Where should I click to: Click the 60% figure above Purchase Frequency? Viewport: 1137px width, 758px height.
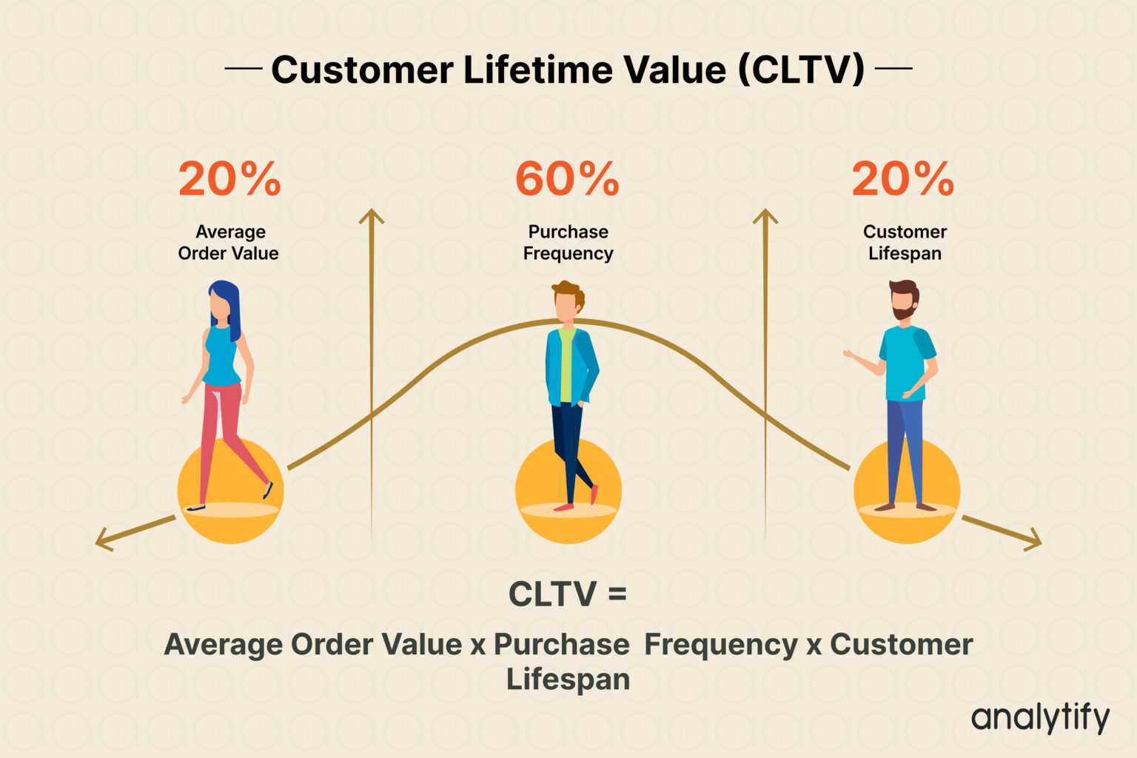point(567,179)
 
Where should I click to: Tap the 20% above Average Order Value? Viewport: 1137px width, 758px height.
point(229,179)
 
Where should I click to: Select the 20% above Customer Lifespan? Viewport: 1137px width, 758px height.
point(903,179)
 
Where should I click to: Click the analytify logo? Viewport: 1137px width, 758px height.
point(1040,718)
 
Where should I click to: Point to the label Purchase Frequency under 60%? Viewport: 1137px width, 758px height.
point(568,243)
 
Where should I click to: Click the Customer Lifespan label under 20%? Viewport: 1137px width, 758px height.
point(905,243)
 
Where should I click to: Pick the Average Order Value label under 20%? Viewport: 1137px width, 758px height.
point(229,243)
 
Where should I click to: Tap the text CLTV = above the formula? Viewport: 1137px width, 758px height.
point(567,594)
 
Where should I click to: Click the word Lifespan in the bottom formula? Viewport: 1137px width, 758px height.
point(568,680)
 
